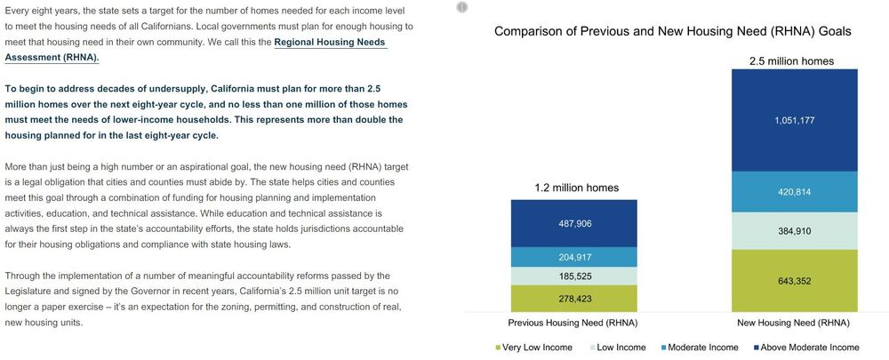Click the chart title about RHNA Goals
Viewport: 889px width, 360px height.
click(672, 30)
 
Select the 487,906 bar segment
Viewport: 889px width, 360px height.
click(573, 223)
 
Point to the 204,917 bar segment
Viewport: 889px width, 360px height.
click(573, 257)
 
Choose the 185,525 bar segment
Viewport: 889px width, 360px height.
click(573, 276)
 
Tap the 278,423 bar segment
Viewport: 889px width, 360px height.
click(573, 298)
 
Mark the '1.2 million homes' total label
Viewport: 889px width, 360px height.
click(576, 188)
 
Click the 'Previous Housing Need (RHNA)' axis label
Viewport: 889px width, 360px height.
click(573, 322)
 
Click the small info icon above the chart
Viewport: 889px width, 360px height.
click(461, 7)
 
